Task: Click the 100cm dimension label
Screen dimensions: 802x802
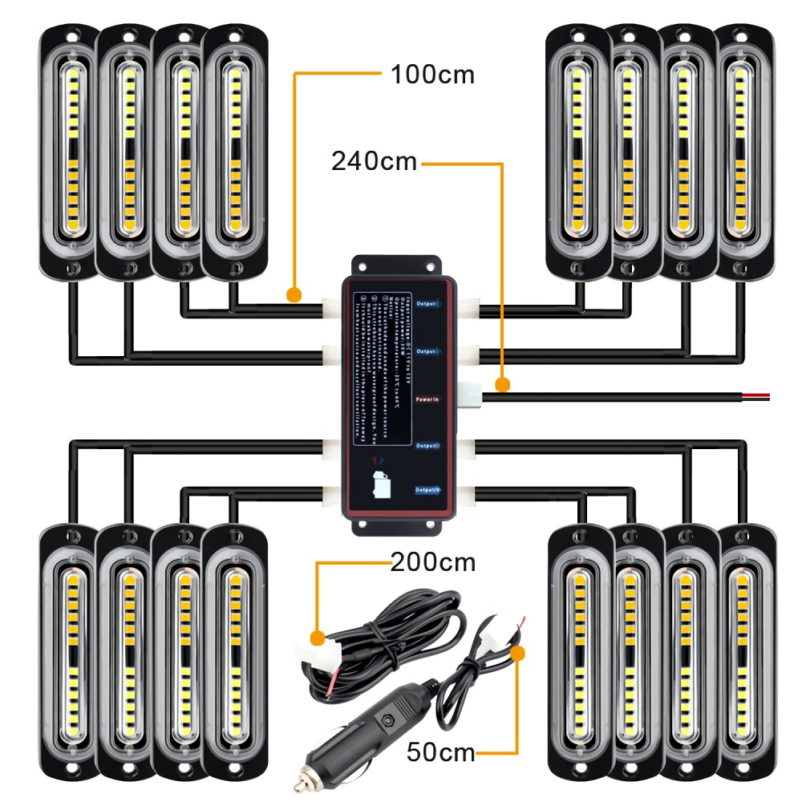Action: pyautogui.click(x=432, y=75)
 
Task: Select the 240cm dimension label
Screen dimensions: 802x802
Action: pyautogui.click(x=375, y=161)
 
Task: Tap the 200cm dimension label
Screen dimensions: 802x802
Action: pyautogui.click(x=433, y=562)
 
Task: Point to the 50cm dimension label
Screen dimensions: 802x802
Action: pyautogui.click(x=440, y=752)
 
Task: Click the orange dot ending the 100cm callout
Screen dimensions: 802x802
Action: pyautogui.click(x=294, y=296)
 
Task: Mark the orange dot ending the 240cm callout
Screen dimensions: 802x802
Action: pyautogui.click(x=503, y=386)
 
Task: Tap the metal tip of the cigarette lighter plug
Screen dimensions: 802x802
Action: pyautogui.click(x=305, y=778)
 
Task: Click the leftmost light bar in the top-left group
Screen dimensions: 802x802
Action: pyautogui.click(x=71, y=152)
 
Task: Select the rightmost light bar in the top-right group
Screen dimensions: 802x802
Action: pyautogui.click(x=743, y=152)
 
